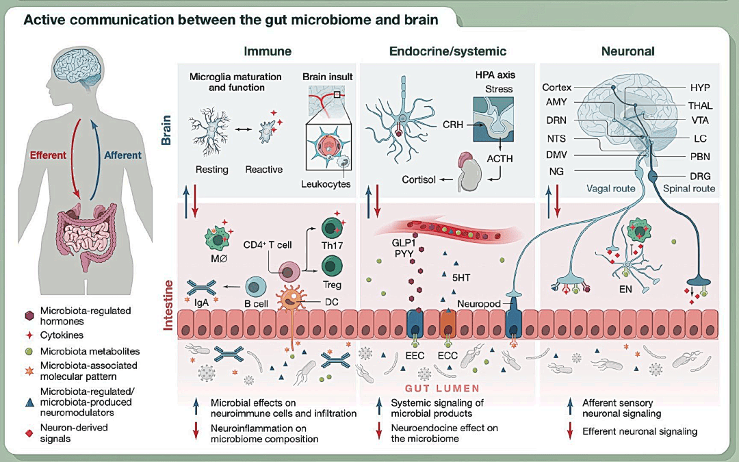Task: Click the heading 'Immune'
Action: [268, 51]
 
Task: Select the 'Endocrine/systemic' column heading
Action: [448, 51]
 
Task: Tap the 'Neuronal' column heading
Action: [627, 51]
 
